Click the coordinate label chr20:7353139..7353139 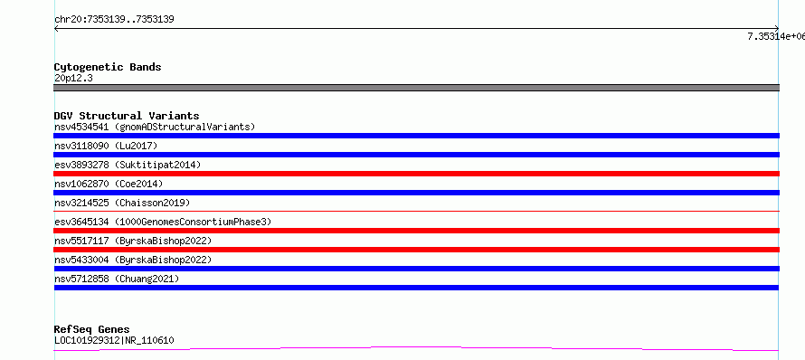tap(114, 20)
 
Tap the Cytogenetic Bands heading tap(108, 67)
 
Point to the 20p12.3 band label tap(73, 79)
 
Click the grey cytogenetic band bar tap(416, 88)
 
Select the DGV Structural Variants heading tap(127, 116)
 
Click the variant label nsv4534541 tap(81, 127)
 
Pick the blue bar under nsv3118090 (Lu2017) tap(416, 155)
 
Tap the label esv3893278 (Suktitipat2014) tap(128, 165)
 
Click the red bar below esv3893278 tap(416, 174)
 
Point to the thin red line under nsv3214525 tap(416, 211)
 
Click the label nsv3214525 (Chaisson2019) tap(122, 203)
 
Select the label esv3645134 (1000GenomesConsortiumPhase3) tap(163, 222)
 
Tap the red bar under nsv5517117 tap(416, 250)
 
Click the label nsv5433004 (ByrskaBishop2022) tap(133, 260)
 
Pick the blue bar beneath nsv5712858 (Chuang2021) tap(416, 288)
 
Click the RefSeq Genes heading tap(92, 329)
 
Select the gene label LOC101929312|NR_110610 tap(114, 340)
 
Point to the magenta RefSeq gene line tap(416, 349)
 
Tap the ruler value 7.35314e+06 tap(776, 36)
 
